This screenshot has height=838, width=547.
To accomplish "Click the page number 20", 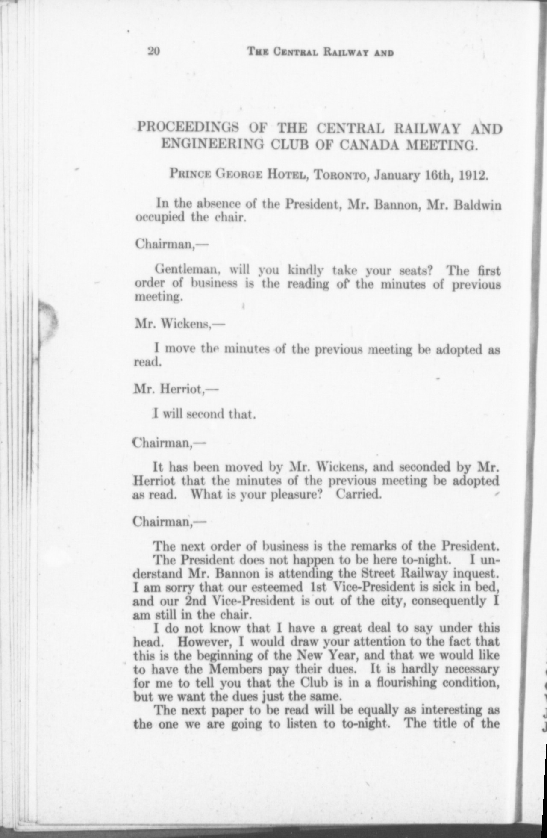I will [153, 52].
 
